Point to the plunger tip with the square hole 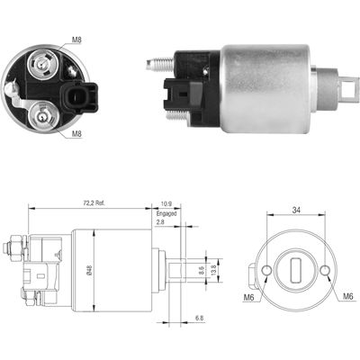point(346,88)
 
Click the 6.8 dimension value point(199,318)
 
